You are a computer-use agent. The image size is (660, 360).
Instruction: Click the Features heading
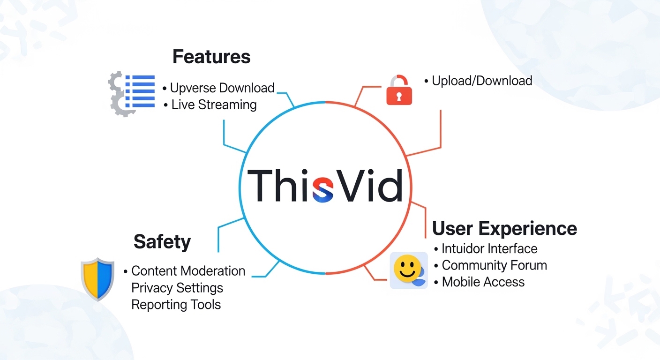211,57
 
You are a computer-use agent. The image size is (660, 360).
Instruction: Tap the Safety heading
162,242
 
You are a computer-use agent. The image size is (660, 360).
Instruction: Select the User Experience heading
504,228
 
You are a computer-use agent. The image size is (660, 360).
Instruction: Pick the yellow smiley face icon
406,269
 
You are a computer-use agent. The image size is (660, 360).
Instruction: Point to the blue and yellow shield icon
97,278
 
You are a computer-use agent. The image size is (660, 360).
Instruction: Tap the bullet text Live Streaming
214,105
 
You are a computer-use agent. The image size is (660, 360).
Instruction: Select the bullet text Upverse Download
222,88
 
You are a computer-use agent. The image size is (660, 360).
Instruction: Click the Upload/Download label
481,81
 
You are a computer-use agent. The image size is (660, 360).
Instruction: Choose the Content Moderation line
188,271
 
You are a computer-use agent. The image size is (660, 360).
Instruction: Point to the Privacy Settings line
177,287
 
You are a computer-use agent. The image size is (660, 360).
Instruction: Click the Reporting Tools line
176,304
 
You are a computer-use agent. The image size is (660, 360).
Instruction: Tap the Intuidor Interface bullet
489,248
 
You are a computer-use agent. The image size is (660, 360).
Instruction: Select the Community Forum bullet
494,265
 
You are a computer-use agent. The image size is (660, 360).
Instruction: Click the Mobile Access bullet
483,282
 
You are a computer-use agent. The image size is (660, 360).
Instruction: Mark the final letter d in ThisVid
390,186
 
